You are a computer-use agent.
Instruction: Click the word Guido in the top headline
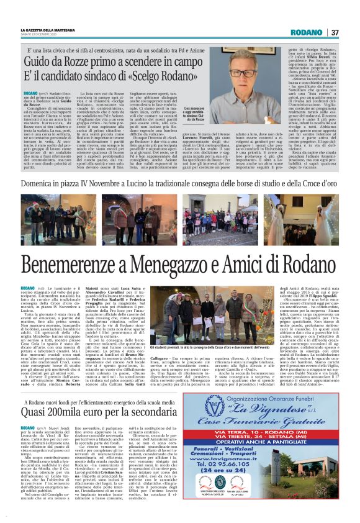coord(38,60)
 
